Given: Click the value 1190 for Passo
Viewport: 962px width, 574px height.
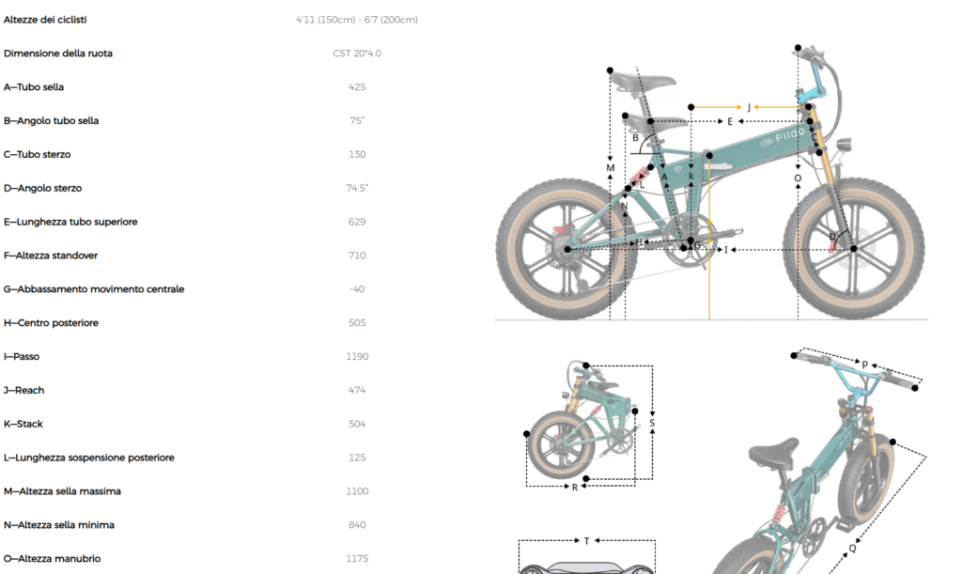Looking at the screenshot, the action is click(x=357, y=356).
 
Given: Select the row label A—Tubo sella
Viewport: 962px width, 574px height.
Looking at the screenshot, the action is click(x=34, y=87).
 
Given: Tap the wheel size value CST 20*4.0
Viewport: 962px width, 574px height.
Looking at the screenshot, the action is click(x=357, y=54).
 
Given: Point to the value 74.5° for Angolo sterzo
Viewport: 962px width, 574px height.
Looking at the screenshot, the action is click(x=357, y=188).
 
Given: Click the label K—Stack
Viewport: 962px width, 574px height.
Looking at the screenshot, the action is click(x=23, y=424).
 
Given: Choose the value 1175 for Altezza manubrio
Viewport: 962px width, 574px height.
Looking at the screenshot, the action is click(x=357, y=559).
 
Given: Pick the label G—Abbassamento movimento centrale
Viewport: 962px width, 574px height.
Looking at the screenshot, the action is click(x=94, y=288).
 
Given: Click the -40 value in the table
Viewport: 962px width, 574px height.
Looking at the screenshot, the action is click(x=357, y=288).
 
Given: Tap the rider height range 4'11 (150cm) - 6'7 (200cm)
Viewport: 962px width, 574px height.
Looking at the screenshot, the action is click(x=357, y=20).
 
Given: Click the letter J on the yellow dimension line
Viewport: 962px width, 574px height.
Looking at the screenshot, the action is click(x=749, y=107).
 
